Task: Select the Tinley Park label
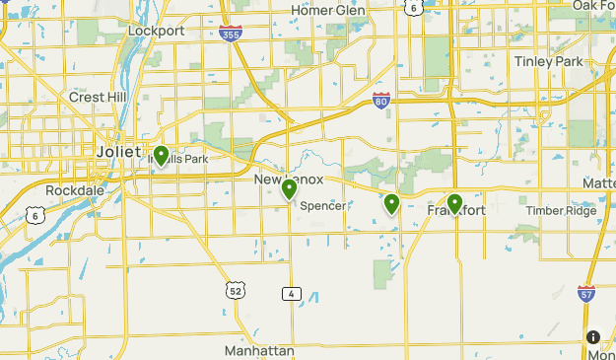(548, 61)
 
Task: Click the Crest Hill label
(94, 97)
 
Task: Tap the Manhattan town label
(259, 351)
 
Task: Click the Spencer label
(322, 206)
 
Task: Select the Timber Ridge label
(561, 211)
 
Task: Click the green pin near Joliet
(161, 157)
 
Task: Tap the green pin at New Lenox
(289, 188)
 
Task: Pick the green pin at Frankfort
(454, 203)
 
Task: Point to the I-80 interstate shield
(381, 100)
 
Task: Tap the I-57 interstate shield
(585, 292)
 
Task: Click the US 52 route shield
(234, 290)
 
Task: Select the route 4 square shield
(291, 294)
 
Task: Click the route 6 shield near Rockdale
(34, 215)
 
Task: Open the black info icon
(593, 337)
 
